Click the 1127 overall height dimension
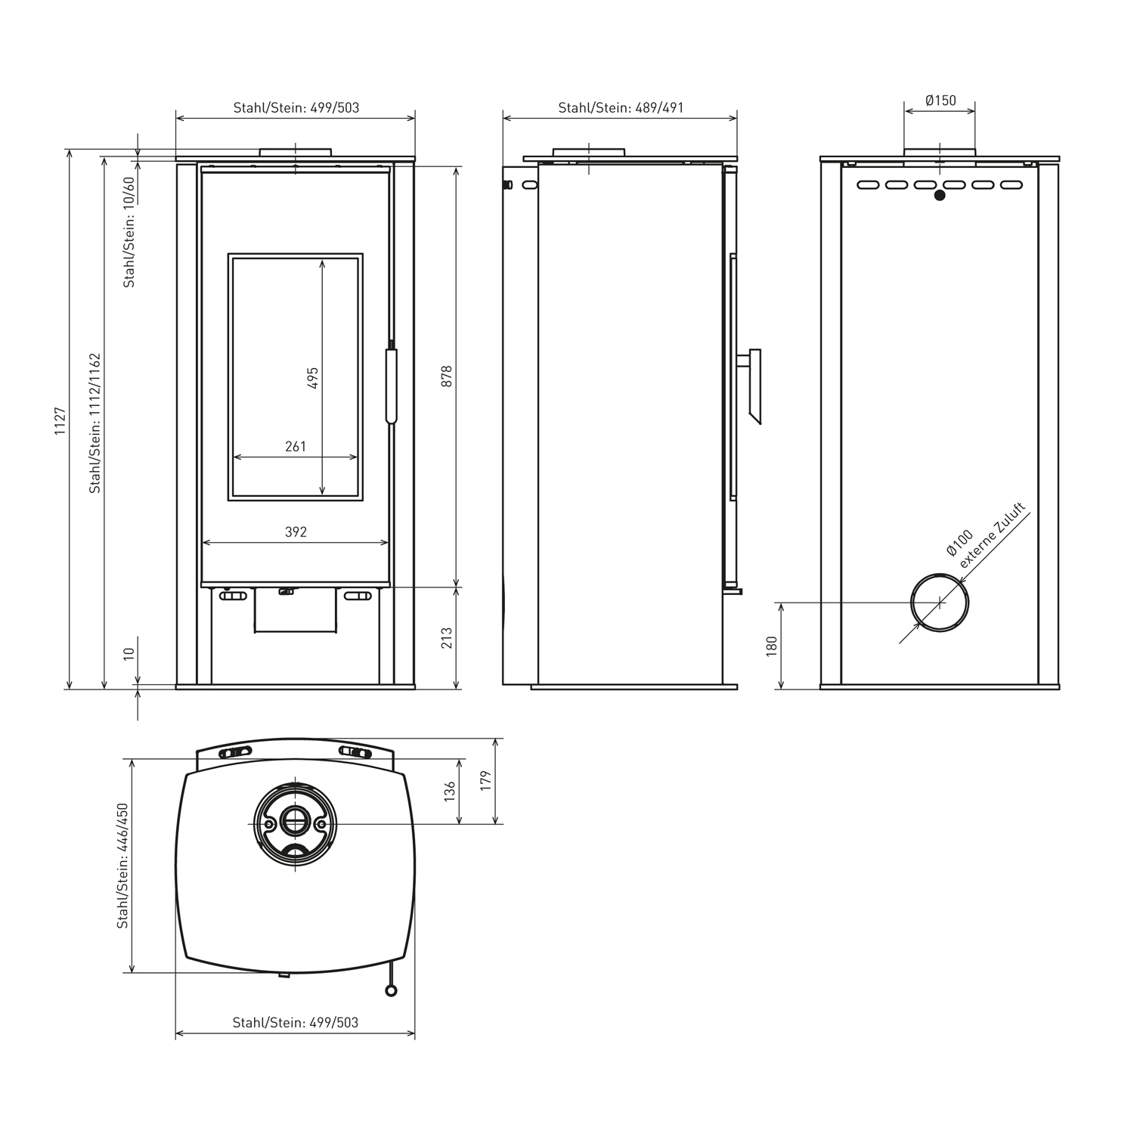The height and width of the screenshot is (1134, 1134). point(60,420)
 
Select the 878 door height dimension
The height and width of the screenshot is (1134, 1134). point(446,376)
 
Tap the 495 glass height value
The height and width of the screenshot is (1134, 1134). point(313,378)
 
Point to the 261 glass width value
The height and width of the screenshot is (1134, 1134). point(296,446)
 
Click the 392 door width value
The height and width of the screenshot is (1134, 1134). point(296,532)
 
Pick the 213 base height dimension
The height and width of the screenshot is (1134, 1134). point(446,637)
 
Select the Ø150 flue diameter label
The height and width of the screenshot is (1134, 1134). point(940,100)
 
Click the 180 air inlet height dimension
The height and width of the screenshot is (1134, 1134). point(771,646)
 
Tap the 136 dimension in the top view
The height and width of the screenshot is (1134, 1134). point(450,792)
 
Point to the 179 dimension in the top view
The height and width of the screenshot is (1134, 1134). point(485,780)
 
